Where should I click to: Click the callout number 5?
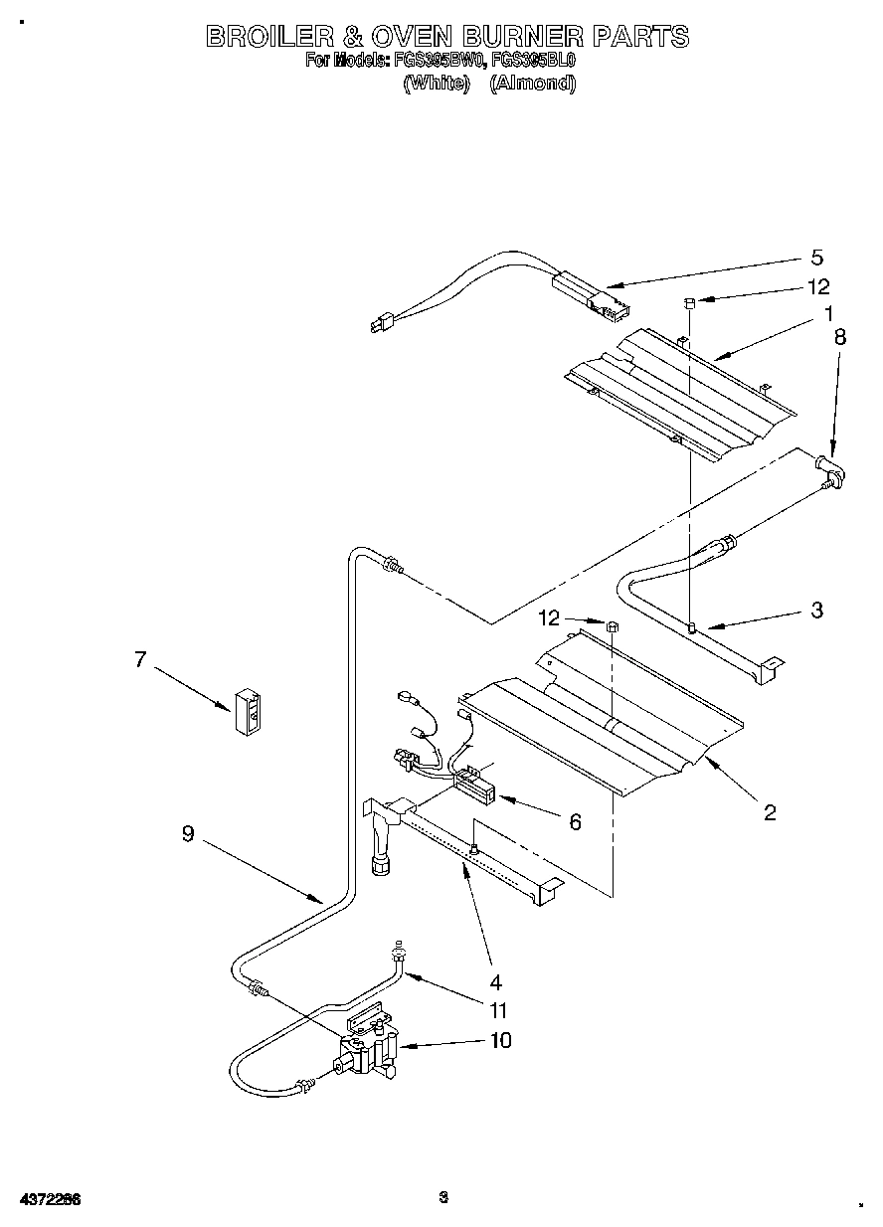click(815, 258)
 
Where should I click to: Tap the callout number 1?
click(828, 315)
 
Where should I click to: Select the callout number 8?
click(841, 337)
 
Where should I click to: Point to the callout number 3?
click(816, 610)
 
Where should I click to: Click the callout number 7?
click(140, 658)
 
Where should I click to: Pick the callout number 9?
click(188, 835)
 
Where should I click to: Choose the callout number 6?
click(575, 821)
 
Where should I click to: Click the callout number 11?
click(498, 1010)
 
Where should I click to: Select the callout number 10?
click(500, 1041)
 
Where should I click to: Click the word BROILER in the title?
click(267, 37)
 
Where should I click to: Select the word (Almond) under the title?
click(532, 84)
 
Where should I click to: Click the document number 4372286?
click(48, 1199)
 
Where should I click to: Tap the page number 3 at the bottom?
click(443, 1197)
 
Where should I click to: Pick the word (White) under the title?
click(436, 84)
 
